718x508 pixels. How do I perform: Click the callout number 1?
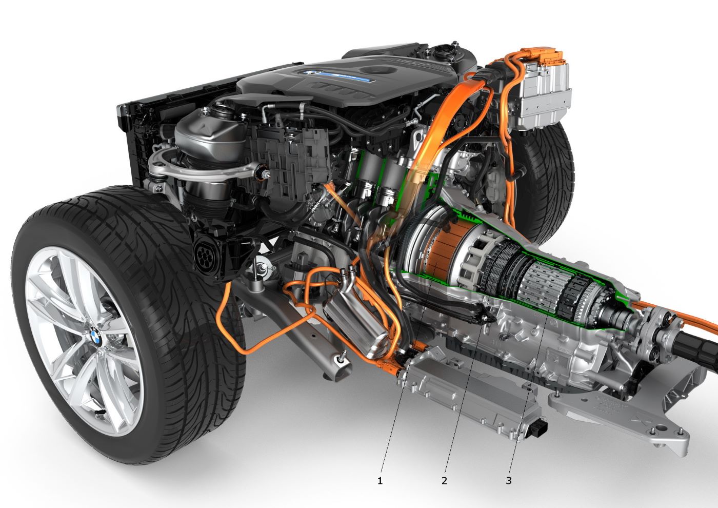tap(380, 480)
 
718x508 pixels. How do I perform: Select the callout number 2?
tap(444, 480)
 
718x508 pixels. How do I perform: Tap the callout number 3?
tap(509, 480)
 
